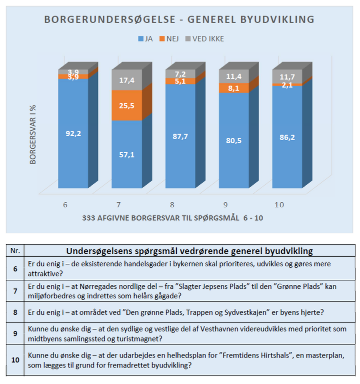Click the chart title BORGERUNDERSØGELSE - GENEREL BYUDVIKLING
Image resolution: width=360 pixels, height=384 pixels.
tap(179, 20)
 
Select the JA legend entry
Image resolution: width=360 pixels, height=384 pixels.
tap(145, 39)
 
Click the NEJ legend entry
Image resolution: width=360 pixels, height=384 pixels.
tap(169, 39)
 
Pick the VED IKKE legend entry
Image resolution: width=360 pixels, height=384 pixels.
tap(204, 39)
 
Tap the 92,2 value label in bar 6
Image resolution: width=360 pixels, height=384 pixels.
tap(73, 134)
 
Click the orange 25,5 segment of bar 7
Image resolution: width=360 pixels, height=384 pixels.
tap(126, 105)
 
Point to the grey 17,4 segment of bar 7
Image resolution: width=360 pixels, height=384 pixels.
tap(126, 80)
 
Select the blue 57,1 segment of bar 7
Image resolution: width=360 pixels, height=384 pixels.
tap(126, 154)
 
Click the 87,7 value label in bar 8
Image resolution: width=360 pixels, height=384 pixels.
tap(180, 136)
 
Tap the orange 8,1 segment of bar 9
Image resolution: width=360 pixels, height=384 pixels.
tap(234, 88)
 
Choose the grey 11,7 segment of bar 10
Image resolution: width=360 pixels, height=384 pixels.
tap(287, 77)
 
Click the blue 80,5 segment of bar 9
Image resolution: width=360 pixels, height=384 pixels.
tap(234, 140)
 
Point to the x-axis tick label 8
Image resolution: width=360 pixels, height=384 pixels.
tap(172, 205)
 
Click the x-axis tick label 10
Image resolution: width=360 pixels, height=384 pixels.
tap(279, 205)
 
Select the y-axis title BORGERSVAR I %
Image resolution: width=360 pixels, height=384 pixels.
tap(33, 135)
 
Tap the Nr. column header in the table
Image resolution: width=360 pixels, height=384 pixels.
tap(15, 250)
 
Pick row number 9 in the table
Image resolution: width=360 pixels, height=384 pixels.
tap(15, 333)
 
